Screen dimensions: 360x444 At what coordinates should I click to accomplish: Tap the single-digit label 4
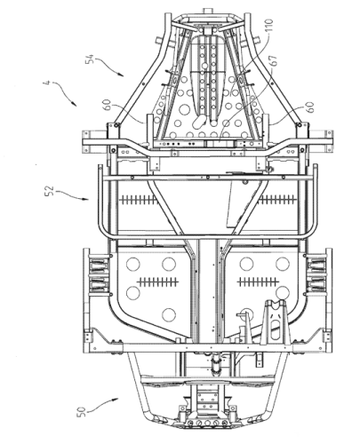click(46, 82)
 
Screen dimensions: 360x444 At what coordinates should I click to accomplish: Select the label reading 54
click(90, 59)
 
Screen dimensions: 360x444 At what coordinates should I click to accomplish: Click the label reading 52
click(50, 191)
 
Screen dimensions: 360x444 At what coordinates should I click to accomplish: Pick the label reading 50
click(81, 412)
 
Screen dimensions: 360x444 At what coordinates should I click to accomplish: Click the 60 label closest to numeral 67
click(310, 107)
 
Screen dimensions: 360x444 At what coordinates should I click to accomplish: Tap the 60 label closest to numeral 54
click(108, 105)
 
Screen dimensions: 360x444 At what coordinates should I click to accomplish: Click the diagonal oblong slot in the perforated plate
click(199, 122)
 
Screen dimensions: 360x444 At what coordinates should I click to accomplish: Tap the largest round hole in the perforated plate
click(184, 109)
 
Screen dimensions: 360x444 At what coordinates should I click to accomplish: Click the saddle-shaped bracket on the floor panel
click(276, 322)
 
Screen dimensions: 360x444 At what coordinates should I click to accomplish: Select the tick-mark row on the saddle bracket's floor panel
click(258, 281)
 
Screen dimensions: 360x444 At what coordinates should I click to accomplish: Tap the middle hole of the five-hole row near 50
click(207, 424)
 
